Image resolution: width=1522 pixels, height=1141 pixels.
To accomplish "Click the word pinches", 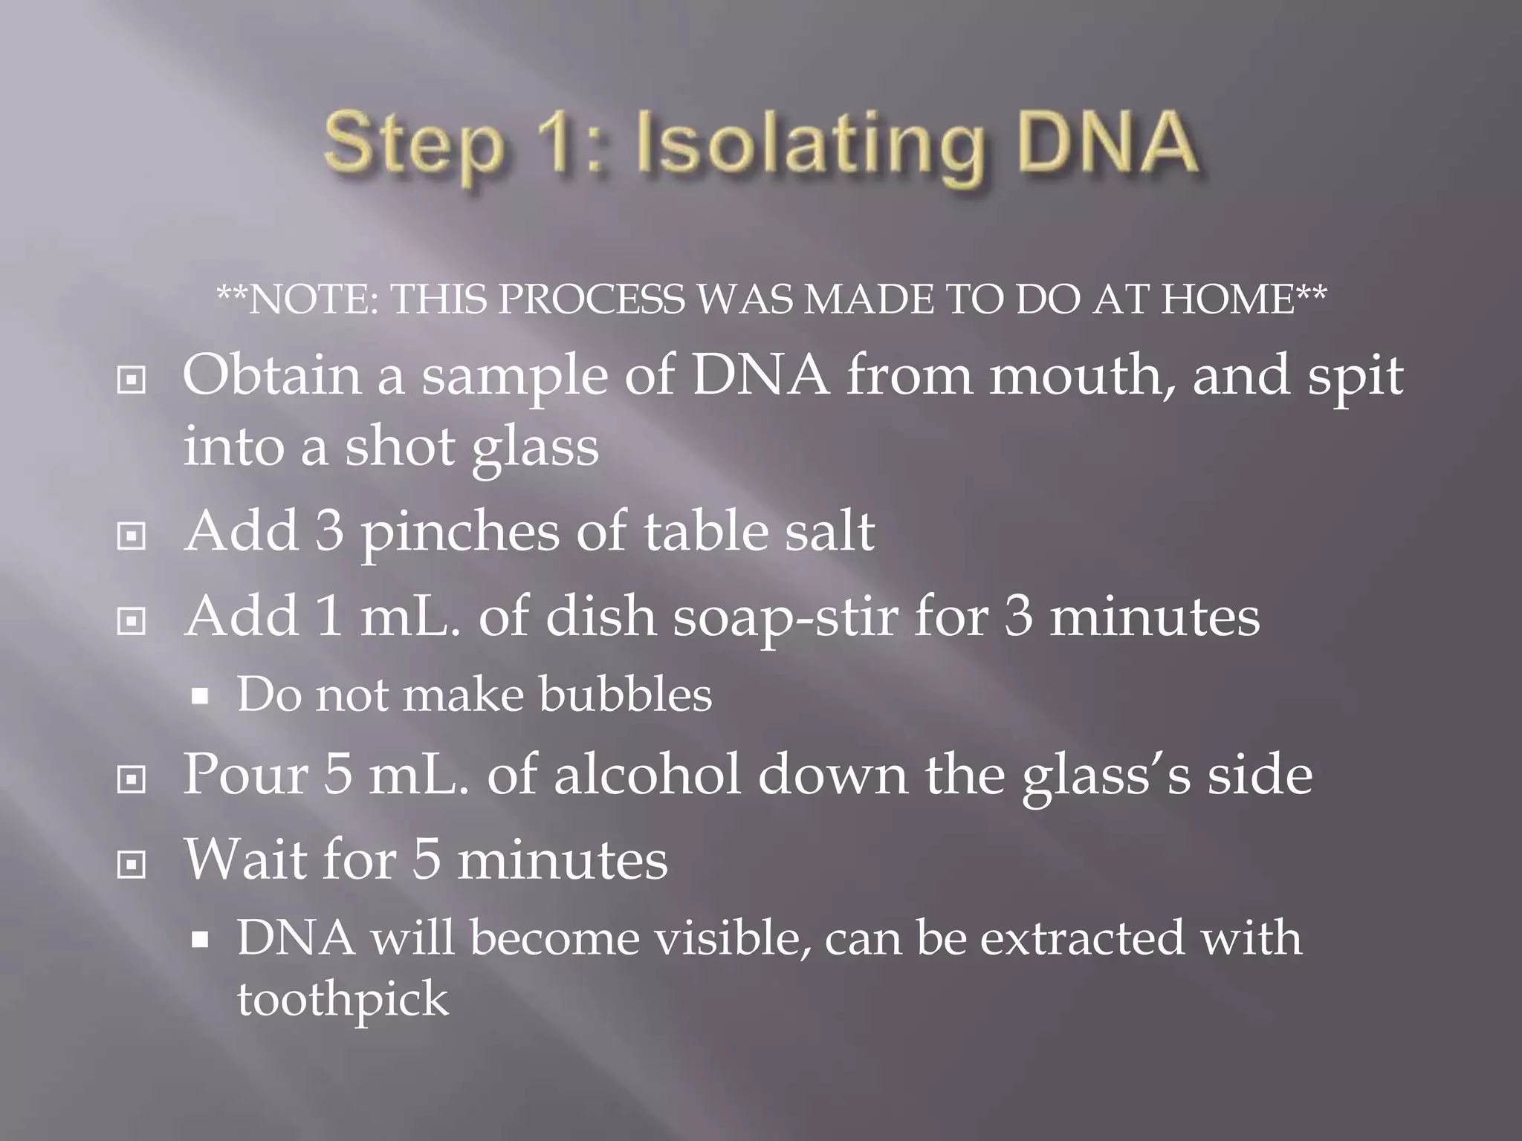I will (460, 533).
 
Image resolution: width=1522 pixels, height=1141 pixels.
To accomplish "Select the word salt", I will (832, 532).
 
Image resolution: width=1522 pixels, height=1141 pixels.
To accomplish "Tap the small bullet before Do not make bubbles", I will (199, 697).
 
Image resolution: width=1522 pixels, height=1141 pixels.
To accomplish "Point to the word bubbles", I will (625, 694).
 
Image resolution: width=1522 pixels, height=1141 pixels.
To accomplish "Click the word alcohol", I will (647, 775).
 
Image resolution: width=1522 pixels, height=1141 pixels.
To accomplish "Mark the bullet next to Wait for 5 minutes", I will (132, 864).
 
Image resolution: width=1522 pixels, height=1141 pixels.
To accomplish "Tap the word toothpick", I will (343, 999).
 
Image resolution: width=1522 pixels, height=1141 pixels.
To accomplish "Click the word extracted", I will (1082, 937).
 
